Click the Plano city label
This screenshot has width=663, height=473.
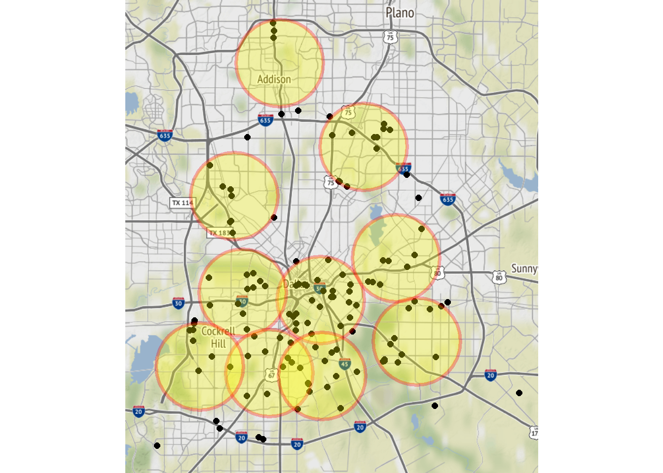[400, 13]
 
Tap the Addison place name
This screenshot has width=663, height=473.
[274, 79]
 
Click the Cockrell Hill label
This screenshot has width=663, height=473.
[218, 337]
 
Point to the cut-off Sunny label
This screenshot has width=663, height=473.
[524, 269]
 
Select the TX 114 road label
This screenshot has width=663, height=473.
[182, 203]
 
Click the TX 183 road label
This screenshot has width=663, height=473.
[219, 233]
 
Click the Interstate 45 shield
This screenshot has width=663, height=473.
[344, 365]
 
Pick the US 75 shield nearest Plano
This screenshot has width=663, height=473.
[390, 36]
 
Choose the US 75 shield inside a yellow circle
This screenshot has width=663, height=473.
[348, 112]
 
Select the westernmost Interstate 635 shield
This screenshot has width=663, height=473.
[165, 135]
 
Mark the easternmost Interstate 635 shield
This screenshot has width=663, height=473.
[447, 200]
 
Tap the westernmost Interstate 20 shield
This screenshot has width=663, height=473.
[139, 411]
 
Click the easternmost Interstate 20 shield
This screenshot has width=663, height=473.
[490, 375]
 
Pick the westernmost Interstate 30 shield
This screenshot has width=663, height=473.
[179, 303]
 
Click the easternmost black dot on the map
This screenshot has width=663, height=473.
[519, 393]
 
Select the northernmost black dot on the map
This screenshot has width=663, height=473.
[273, 23]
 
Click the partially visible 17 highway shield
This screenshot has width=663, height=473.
[534, 433]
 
